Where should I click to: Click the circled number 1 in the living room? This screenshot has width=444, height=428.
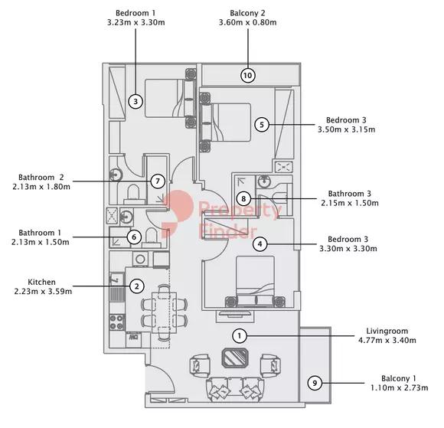coord(240,335)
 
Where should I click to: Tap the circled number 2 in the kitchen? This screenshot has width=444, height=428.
coord(136,286)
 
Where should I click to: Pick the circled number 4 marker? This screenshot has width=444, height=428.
coord(261,244)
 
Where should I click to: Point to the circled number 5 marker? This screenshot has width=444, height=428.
coord(262,124)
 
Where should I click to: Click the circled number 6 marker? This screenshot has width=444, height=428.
coord(133,237)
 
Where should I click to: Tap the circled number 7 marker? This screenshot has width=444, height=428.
coord(158,181)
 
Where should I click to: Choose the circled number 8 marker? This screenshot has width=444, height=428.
coord(243,199)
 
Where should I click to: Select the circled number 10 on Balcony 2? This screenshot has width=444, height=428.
coord(247,75)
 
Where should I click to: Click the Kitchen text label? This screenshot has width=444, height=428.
coord(42,281)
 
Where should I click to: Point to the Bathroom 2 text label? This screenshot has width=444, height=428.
coord(41,176)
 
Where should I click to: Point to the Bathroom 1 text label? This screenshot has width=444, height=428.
coord(41,232)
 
